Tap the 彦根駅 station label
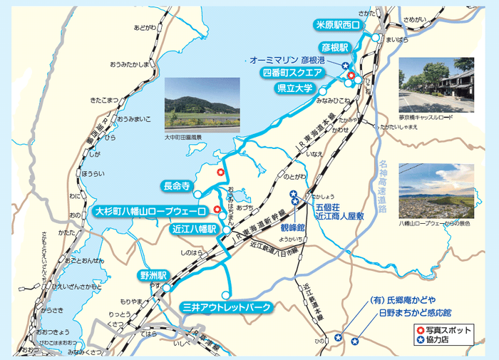[x=334, y=47]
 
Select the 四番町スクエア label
[x=294, y=72]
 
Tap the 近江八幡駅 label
[x=194, y=230]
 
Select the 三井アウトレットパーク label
[x=227, y=308]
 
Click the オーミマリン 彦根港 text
[x=293, y=60]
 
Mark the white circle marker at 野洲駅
[x=166, y=287]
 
